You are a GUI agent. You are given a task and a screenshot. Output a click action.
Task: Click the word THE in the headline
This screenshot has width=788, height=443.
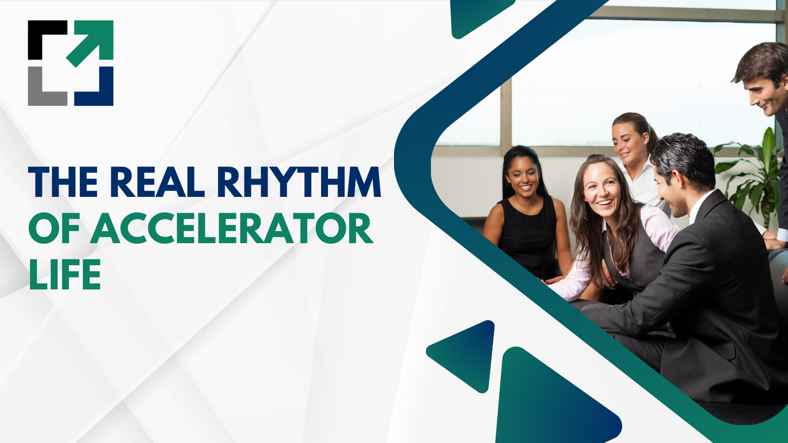tap(64, 182)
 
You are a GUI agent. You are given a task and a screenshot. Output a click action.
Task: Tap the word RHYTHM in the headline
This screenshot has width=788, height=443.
tap(298, 182)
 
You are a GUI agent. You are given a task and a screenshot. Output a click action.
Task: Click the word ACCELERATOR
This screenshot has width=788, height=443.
tap(231, 229)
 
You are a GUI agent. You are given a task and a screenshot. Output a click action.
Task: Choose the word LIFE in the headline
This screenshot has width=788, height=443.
tap(65, 274)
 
